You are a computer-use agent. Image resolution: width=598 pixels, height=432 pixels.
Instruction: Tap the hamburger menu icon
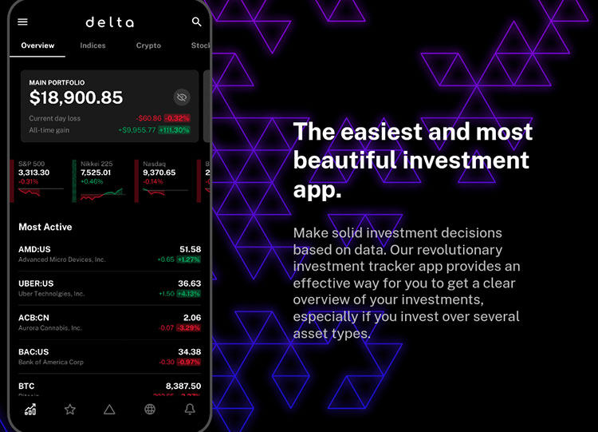pyautogui.click(x=22, y=22)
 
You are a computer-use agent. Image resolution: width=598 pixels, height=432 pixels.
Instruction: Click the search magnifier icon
pyautogui.click(x=197, y=22)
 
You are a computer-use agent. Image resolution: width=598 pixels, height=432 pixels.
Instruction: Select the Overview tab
pyautogui.click(x=37, y=46)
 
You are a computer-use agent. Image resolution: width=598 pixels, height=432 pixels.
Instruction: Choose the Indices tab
pyautogui.click(x=92, y=46)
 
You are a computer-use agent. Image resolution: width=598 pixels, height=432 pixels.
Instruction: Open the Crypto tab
pyautogui.click(x=148, y=46)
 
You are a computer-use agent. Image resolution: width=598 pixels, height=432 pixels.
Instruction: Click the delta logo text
pyautogui.click(x=109, y=22)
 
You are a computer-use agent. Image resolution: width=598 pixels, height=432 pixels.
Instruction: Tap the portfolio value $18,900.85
pyautogui.click(x=76, y=97)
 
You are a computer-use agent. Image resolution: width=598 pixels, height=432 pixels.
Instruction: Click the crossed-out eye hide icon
pyautogui.click(x=182, y=97)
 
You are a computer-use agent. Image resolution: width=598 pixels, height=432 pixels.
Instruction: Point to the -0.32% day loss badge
pyautogui.click(x=177, y=118)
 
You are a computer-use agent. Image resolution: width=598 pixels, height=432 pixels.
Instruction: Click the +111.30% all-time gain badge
pyautogui.click(x=174, y=129)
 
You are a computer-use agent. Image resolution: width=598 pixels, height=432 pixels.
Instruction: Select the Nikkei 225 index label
pyautogui.click(x=96, y=164)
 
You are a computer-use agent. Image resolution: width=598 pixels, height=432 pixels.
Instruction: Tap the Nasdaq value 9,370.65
pyautogui.click(x=159, y=172)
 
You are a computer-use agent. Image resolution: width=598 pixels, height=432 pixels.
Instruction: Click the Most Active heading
pyautogui.click(x=45, y=228)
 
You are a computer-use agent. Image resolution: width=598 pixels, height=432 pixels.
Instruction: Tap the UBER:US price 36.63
pyautogui.click(x=189, y=283)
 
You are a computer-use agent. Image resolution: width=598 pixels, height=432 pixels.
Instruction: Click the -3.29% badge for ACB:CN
pyautogui.click(x=189, y=327)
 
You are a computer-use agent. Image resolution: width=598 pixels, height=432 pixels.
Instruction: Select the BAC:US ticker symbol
pyautogui.click(x=33, y=352)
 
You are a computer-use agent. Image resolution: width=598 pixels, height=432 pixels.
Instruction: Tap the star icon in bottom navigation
pyautogui.click(x=70, y=410)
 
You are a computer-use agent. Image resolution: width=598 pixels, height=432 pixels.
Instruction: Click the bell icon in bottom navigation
pyautogui.click(x=190, y=410)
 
